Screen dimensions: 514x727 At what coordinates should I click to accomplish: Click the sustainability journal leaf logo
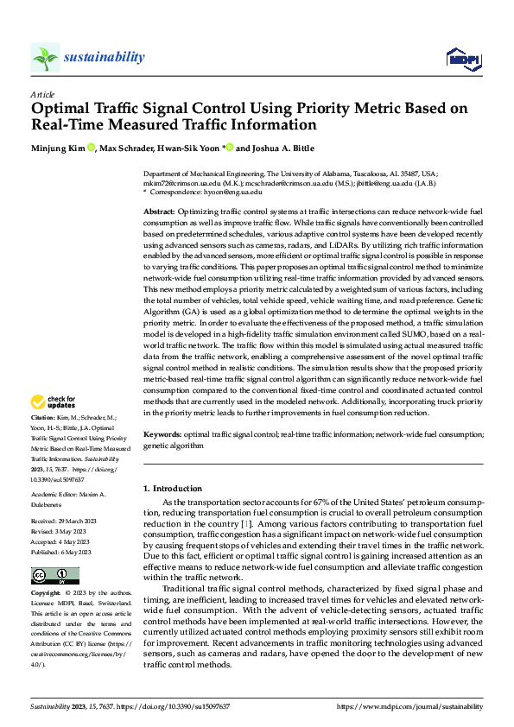[45, 57]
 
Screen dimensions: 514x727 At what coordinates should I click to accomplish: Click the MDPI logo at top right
[462, 58]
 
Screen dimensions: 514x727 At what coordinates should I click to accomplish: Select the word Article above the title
[42, 94]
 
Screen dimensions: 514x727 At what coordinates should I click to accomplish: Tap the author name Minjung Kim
[58, 148]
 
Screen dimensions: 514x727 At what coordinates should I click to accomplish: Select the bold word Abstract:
[160, 212]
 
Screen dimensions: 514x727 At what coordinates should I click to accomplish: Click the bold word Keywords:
[162, 436]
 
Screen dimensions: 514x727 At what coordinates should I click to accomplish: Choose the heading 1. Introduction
[171, 489]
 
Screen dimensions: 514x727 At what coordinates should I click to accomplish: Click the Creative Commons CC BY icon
[54, 576]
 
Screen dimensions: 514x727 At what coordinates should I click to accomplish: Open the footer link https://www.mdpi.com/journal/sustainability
[409, 706]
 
